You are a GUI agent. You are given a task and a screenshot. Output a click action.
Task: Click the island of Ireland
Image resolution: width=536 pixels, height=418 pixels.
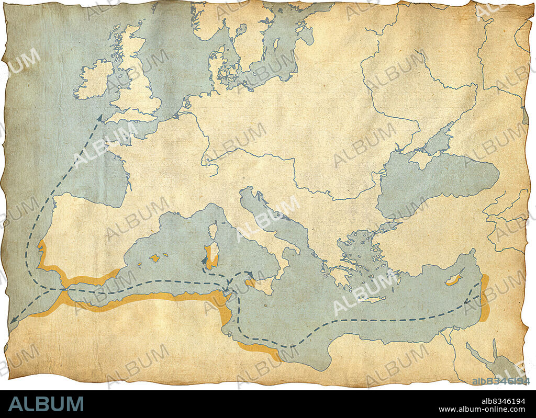(93, 80)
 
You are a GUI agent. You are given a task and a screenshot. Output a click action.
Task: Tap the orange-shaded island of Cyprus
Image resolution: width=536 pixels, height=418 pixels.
(453, 279)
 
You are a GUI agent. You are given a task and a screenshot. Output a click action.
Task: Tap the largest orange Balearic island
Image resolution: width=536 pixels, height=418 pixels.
(154, 257)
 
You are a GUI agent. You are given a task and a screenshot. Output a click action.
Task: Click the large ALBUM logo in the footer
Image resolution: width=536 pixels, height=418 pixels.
(46, 404)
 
